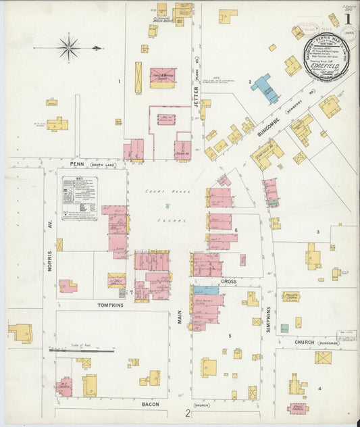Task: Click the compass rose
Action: pos(69,47)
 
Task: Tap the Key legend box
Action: pos(79,198)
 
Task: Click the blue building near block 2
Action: pos(265,88)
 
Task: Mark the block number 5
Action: pos(230,335)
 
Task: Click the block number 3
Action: pos(317,232)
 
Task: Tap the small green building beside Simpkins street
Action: pos(284,328)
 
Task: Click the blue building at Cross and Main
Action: pos(210,289)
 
